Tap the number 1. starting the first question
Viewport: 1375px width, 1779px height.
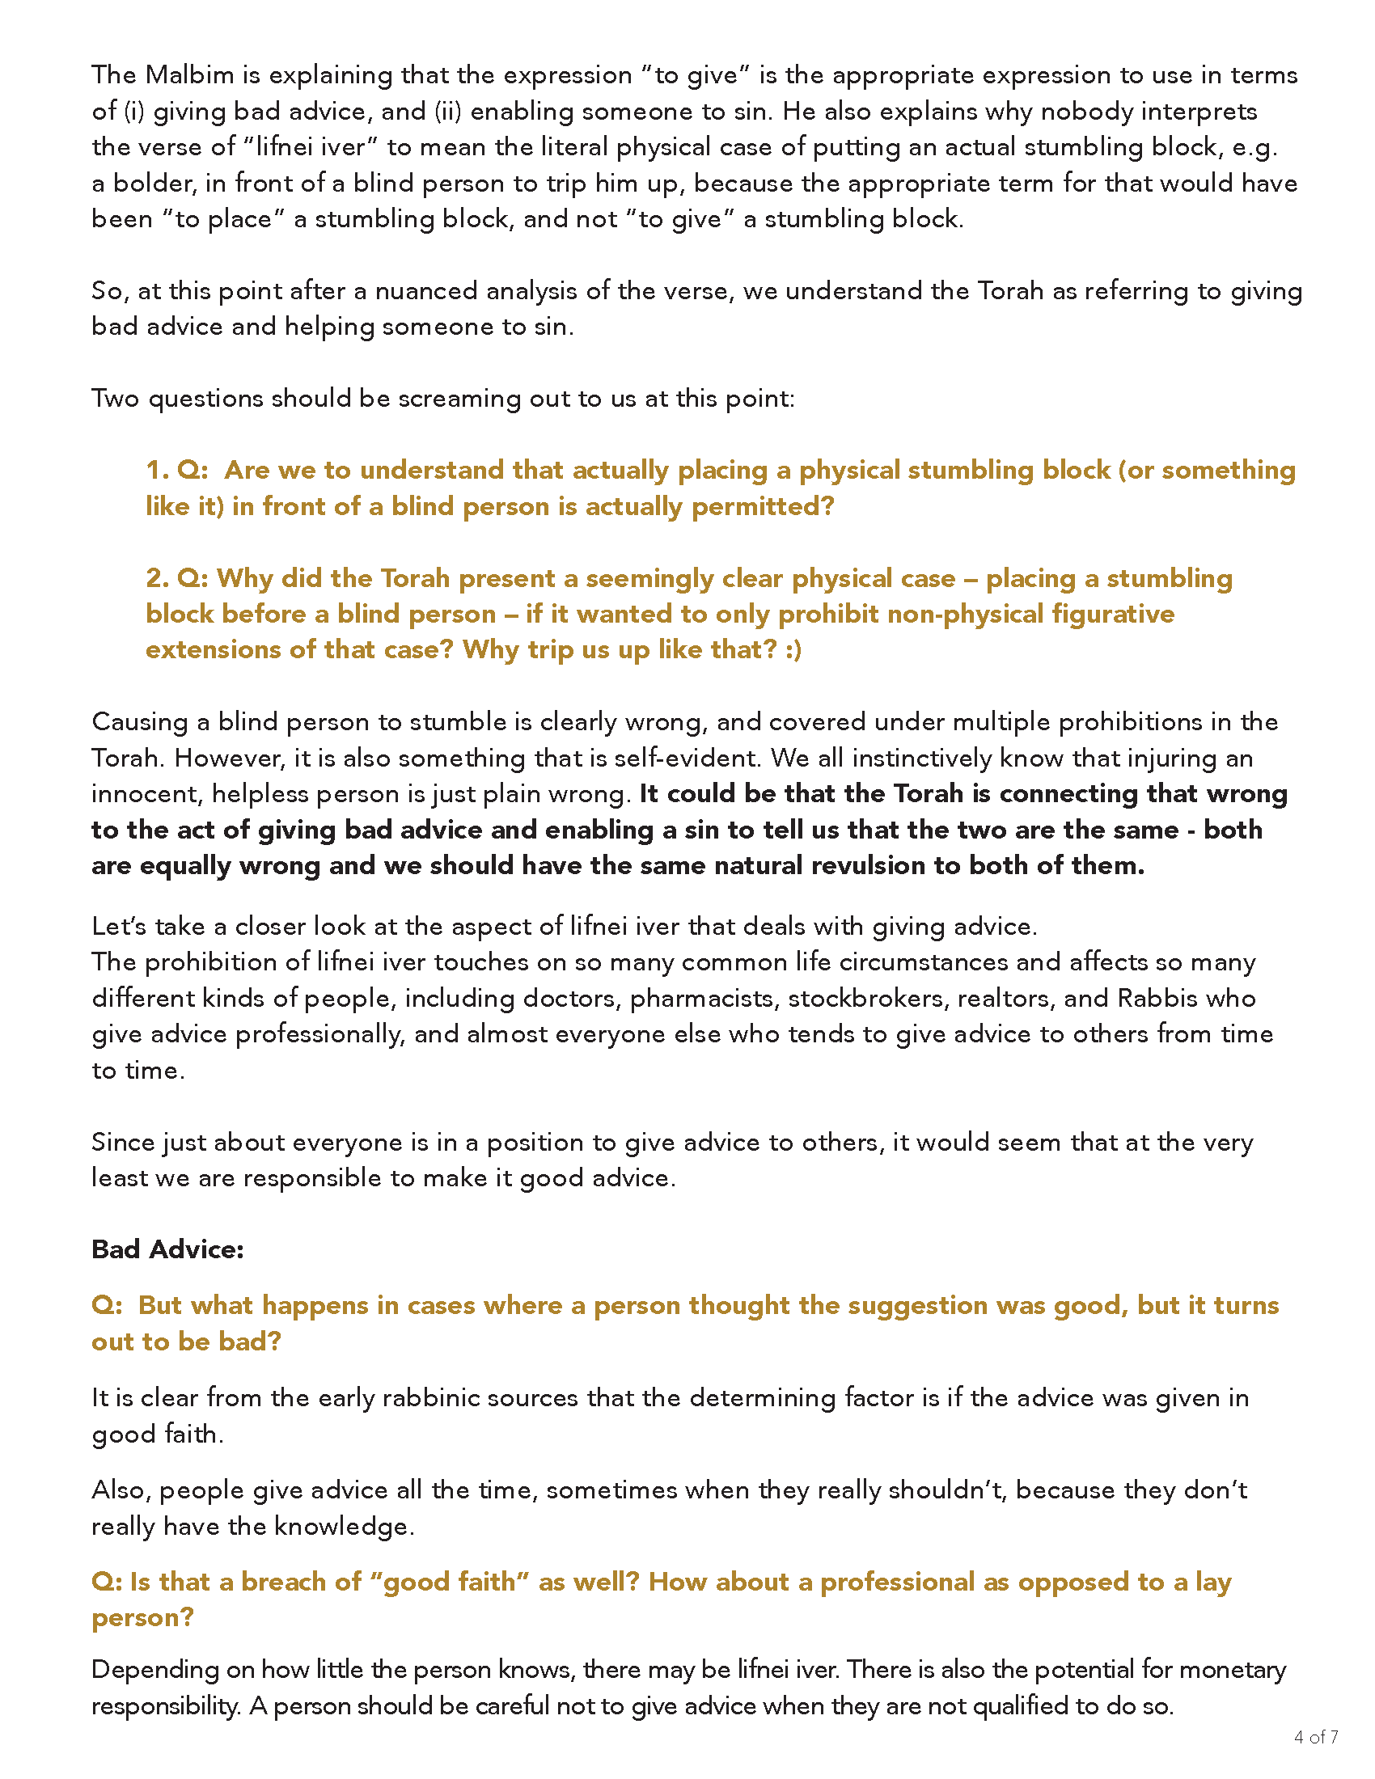pyautogui.click(x=157, y=470)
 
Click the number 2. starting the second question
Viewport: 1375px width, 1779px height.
pyautogui.click(x=157, y=578)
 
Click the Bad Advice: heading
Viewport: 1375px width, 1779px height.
pyautogui.click(x=167, y=1249)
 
